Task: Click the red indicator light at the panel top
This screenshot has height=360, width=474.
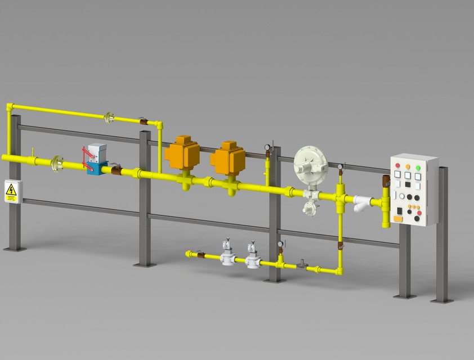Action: (397, 165)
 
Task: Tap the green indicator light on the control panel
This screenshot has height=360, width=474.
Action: (418, 167)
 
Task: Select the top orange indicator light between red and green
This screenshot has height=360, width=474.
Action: (408, 166)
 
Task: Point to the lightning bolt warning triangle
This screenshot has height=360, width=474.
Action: (11, 192)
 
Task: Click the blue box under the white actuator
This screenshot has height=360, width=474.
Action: (98, 168)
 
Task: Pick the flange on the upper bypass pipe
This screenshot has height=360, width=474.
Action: (109, 117)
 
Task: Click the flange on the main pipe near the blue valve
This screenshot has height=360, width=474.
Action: (56, 163)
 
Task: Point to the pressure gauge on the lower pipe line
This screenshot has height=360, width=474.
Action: (280, 245)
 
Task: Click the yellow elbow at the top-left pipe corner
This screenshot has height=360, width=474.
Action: (8, 106)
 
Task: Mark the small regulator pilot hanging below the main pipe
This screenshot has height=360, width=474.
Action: (309, 208)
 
